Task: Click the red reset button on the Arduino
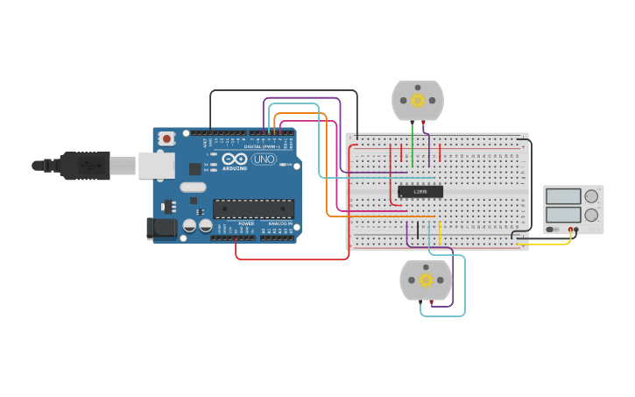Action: click(166, 138)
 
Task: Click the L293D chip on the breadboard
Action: click(420, 192)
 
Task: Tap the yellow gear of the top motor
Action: click(418, 101)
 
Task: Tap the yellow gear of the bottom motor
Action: click(427, 280)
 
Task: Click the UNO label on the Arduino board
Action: click(264, 160)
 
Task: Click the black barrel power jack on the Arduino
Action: click(160, 229)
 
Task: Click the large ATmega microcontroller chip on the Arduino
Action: click(253, 208)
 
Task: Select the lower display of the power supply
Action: click(563, 214)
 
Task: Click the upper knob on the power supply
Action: click(592, 196)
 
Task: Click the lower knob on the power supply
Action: click(592, 215)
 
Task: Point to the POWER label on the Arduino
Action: click(246, 223)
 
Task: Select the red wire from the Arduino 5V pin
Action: click(289, 259)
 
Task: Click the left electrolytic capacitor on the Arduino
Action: click(189, 226)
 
